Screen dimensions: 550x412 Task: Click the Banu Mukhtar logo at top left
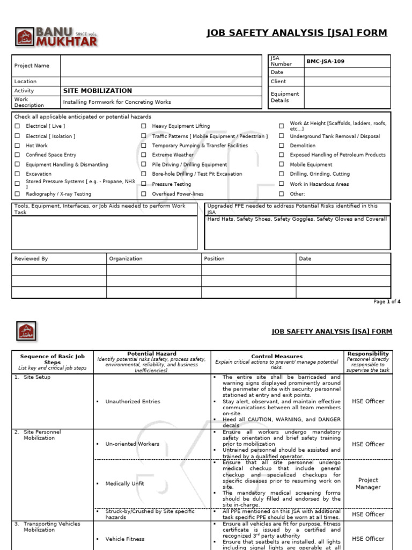click(56, 37)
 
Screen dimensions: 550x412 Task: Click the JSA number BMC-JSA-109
click(325, 61)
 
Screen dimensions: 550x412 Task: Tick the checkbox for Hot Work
click(17, 146)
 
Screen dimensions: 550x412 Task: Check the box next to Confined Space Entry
click(17, 155)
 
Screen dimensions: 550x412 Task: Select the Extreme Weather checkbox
click(144, 155)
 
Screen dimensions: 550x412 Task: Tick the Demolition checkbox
click(281, 146)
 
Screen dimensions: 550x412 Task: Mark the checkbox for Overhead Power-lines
click(144, 194)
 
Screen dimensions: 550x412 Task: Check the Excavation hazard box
click(17, 174)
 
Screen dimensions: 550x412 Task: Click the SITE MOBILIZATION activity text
click(97, 91)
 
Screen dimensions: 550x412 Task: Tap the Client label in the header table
click(278, 82)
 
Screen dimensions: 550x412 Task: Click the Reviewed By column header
click(31, 259)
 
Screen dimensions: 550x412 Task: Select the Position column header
click(215, 259)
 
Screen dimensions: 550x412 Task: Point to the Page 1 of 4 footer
click(387, 302)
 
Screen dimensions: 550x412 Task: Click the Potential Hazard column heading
click(152, 354)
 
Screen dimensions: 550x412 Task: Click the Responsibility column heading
click(368, 354)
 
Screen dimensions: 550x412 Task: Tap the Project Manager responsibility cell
click(367, 483)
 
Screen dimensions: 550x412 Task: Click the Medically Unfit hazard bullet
click(124, 483)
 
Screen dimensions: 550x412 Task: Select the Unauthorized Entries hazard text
click(133, 401)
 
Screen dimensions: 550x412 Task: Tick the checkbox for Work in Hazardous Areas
click(281, 184)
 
